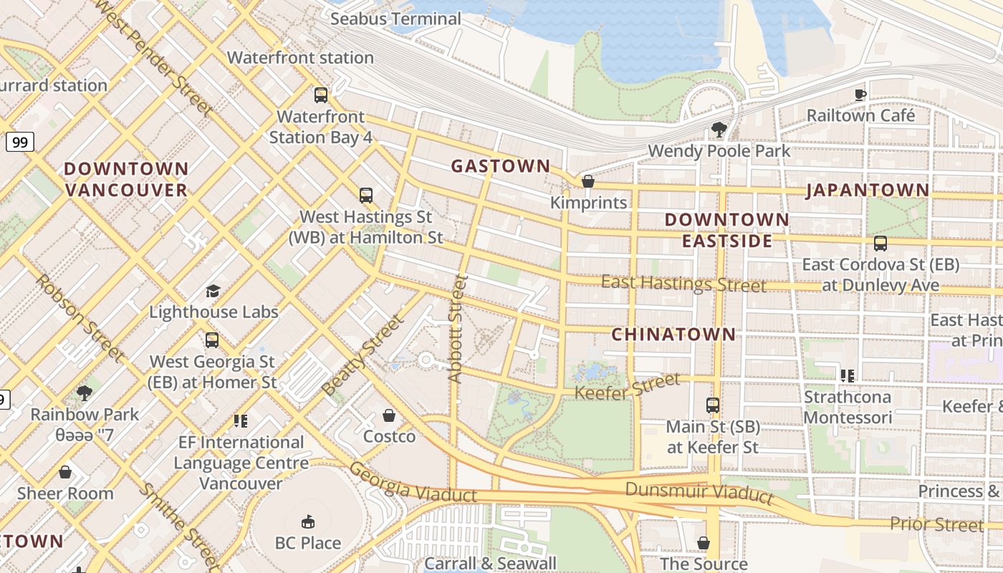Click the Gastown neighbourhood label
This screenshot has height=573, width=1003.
click(x=500, y=166)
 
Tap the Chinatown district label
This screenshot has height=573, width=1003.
click(x=673, y=334)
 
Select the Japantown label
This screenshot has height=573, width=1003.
click(x=868, y=190)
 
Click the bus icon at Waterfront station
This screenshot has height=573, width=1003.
click(x=321, y=95)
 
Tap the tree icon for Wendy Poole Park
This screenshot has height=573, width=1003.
click(x=719, y=130)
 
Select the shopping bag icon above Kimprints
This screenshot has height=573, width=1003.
click(x=588, y=181)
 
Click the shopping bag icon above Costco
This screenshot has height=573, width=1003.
click(x=389, y=415)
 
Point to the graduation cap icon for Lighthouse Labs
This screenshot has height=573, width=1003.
click(x=213, y=291)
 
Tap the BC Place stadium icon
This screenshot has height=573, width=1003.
click(x=308, y=521)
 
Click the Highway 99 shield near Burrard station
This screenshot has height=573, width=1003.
click(x=20, y=142)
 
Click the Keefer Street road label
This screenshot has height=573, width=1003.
click(x=628, y=387)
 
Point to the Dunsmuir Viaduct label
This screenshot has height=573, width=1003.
click(x=699, y=492)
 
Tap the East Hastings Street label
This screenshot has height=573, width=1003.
click(x=683, y=284)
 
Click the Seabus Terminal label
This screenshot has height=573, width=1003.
click(x=395, y=19)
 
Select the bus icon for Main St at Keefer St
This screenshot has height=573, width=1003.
click(x=712, y=405)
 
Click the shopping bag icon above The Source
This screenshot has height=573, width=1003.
click(x=704, y=543)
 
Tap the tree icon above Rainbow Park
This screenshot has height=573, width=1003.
click(x=85, y=393)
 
